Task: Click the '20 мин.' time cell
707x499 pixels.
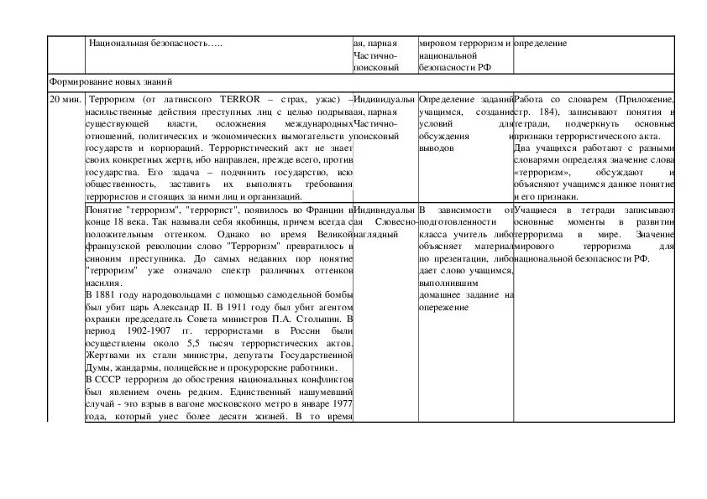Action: (x=65, y=100)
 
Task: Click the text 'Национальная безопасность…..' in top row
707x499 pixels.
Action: (x=155, y=43)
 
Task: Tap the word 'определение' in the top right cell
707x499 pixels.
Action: (x=540, y=43)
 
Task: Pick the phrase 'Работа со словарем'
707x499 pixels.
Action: (x=553, y=100)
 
